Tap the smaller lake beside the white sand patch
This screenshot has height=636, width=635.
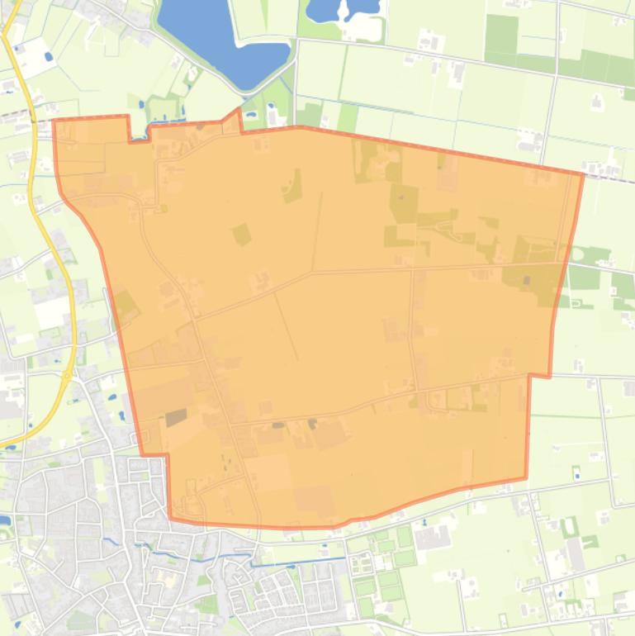tap(340, 9)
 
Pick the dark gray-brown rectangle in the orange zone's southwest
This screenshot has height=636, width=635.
tap(176, 417)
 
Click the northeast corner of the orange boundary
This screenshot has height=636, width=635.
tap(582, 174)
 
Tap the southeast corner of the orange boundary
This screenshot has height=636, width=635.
tap(526, 477)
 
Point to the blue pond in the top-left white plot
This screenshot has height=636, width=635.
tap(48, 56)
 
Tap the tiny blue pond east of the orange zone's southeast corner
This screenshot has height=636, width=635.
tap(576, 477)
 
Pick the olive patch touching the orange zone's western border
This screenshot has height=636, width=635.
tap(125, 306)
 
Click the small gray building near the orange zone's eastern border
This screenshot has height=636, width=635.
tap(526, 280)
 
